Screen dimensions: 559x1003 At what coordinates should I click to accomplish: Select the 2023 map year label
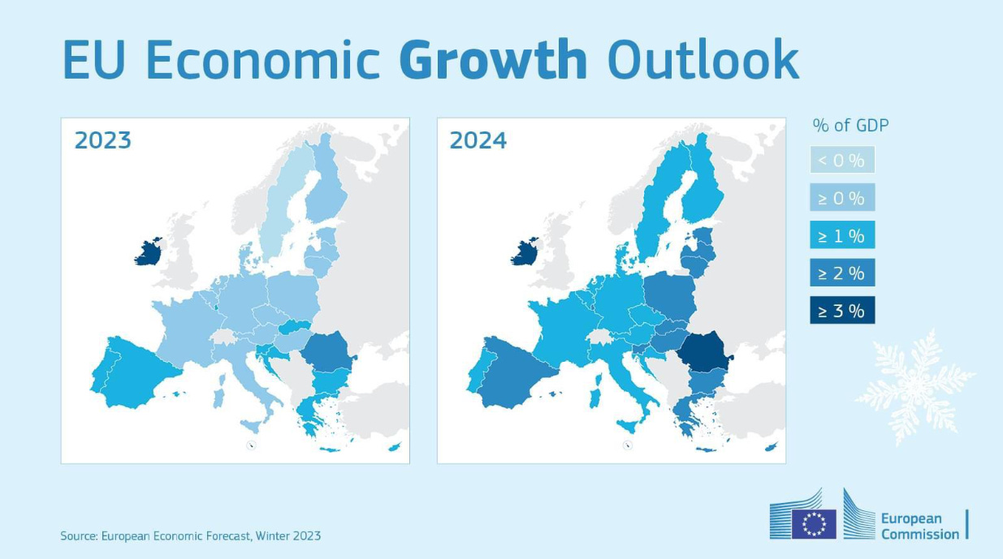102,140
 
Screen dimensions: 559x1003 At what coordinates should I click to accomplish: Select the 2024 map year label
478,140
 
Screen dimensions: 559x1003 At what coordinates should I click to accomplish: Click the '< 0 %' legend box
841,160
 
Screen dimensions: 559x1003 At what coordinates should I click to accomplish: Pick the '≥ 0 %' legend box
841,198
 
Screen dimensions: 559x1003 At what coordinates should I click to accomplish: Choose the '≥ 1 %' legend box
841,236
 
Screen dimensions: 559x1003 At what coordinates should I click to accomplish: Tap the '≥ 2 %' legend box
841,273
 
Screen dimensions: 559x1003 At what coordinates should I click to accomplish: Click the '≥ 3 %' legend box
841,310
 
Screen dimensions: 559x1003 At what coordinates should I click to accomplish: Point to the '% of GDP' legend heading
850,125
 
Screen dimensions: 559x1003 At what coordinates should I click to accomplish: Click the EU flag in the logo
814,524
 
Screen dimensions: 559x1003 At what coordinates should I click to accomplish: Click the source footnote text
190,535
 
